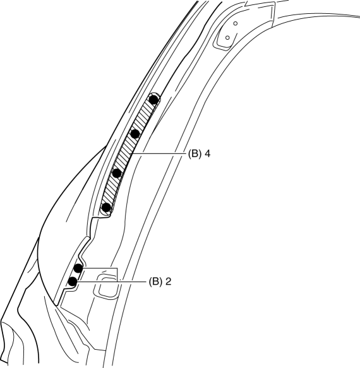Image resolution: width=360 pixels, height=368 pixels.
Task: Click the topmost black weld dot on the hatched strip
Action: tap(153, 100)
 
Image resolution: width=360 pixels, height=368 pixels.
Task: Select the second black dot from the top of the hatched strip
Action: tap(135, 134)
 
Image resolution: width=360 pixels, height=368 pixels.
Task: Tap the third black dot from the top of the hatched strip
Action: tap(117, 174)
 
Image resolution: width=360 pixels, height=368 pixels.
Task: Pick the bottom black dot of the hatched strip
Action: tap(106, 208)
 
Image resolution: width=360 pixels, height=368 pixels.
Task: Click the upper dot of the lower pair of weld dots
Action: tap(78, 268)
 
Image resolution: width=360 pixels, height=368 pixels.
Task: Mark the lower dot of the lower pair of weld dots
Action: tap(73, 281)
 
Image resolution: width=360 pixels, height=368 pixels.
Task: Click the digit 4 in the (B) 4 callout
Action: tap(207, 154)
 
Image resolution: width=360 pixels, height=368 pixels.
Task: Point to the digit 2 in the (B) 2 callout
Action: tap(168, 282)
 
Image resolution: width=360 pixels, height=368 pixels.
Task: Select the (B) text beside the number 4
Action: tap(195, 154)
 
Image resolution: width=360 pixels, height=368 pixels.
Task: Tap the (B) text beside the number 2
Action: tap(155, 282)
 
